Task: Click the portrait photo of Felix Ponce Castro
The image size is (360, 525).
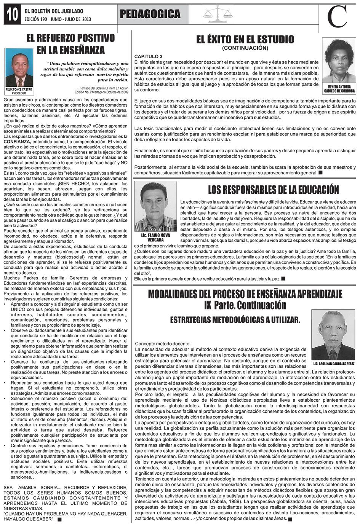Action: pos(19,68)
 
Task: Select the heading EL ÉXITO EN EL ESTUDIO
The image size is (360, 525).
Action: pos(245,39)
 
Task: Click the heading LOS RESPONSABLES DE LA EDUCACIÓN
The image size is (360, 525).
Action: pos(273,189)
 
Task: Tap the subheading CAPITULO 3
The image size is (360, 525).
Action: pos(149,56)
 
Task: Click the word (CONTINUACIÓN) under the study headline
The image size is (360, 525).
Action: pos(245,48)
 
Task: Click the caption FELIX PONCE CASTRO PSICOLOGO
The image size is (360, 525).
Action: pos(19,91)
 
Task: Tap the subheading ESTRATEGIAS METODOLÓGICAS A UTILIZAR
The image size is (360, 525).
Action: pos(235,320)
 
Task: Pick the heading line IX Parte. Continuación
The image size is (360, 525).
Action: pos(245,305)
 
